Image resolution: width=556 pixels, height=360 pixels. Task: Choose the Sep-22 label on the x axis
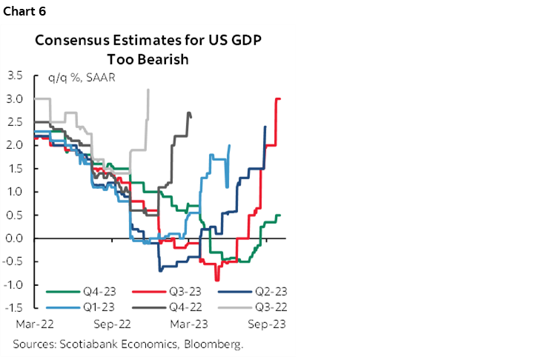[x=113, y=324]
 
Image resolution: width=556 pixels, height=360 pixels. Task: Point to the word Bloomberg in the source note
[x=211, y=344]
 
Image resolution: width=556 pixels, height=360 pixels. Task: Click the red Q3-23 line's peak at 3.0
[x=278, y=99]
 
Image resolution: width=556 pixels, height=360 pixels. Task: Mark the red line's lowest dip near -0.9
[x=217, y=279]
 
